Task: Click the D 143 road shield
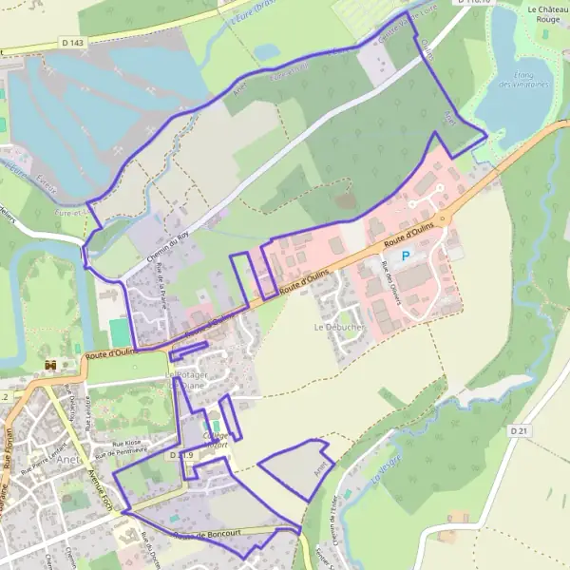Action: click(x=71, y=42)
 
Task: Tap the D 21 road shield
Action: click(x=519, y=430)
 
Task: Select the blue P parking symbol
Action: click(x=406, y=256)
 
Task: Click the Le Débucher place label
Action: click(x=339, y=326)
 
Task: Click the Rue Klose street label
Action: click(x=125, y=443)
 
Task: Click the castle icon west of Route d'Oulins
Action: click(x=50, y=366)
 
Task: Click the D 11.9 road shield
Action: click(x=181, y=456)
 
